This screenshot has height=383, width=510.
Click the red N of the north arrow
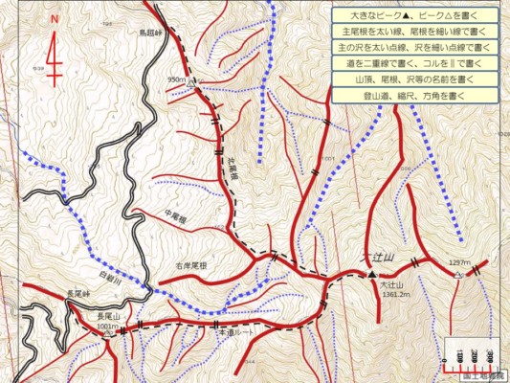[x=55, y=19]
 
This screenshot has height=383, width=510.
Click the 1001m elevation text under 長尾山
[x=108, y=327]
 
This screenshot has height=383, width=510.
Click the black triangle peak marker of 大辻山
[x=372, y=276]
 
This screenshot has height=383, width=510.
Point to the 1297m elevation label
[x=460, y=261]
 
